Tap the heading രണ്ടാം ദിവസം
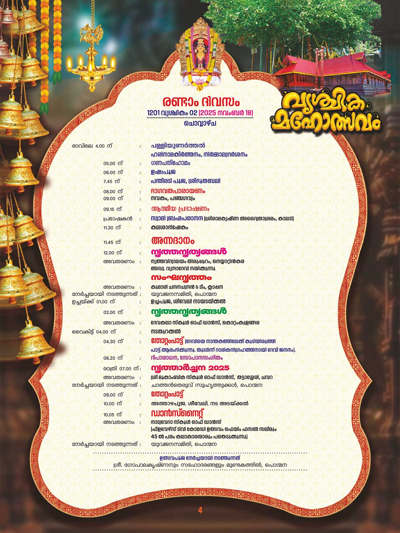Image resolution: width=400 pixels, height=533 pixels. click(x=201, y=102)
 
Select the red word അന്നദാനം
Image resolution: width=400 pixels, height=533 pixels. click(x=172, y=241)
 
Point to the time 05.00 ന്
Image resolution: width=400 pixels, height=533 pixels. click(x=113, y=164)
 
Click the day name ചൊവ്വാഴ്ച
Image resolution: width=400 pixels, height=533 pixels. click(x=200, y=123)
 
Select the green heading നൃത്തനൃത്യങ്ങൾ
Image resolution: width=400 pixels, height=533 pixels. click(x=189, y=312)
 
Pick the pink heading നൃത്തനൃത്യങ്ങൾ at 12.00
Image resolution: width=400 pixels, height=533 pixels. click(x=189, y=252)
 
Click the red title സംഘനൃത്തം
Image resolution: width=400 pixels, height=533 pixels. click(x=181, y=278)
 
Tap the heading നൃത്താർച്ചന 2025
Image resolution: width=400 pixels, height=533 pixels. click(x=190, y=368)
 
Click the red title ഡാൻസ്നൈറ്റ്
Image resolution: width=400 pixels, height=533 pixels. click(x=177, y=414)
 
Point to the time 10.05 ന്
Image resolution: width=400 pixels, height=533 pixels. click(x=112, y=415)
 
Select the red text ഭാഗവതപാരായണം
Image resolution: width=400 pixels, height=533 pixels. click(x=178, y=191)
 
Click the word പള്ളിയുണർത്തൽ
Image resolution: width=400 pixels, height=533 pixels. click(x=178, y=146)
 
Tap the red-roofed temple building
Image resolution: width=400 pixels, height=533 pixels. click(x=330, y=73)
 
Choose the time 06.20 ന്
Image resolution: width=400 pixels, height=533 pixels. click(x=113, y=358)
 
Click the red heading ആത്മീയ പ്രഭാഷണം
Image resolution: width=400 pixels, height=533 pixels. click(x=180, y=209)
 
